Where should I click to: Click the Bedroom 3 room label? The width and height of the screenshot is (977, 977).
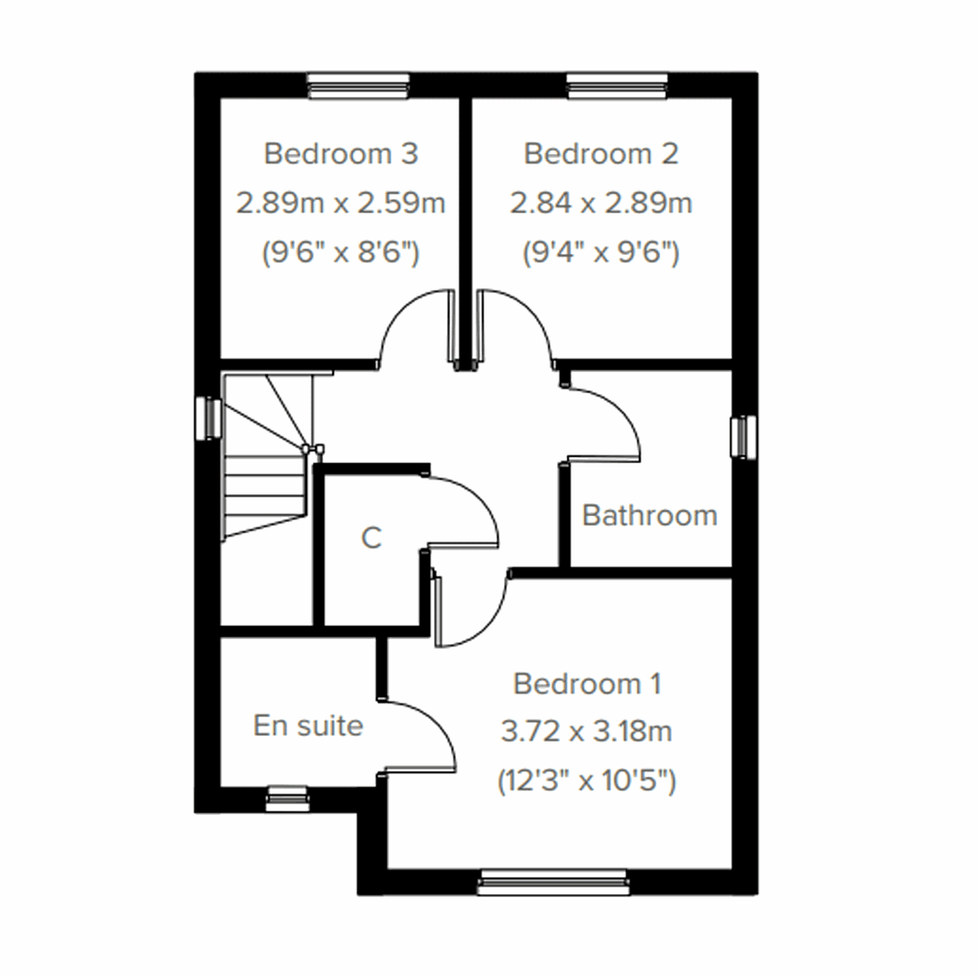(x=341, y=153)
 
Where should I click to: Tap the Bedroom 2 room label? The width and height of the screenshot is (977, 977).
(x=601, y=153)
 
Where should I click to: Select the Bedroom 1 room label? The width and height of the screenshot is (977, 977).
(x=587, y=683)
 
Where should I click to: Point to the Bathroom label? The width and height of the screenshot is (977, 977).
(x=650, y=515)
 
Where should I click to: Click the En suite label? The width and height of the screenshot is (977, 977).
(x=308, y=725)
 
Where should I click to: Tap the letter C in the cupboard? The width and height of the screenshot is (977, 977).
(x=371, y=537)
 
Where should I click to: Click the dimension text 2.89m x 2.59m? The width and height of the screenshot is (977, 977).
(x=341, y=203)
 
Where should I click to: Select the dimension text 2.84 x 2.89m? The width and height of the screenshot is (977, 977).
(x=601, y=203)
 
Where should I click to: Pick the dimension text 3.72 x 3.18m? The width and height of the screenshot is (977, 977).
(x=586, y=732)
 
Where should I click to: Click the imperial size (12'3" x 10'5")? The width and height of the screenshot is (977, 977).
(x=586, y=782)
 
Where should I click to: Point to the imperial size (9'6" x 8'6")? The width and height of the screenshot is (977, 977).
(x=340, y=253)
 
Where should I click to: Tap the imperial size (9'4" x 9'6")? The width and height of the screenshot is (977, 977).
(x=601, y=253)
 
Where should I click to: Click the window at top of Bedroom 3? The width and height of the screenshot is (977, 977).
(x=358, y=85)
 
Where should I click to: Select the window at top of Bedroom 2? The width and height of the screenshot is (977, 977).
(x=618, y=85)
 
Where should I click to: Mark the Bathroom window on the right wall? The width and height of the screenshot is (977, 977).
(x=744, y=437)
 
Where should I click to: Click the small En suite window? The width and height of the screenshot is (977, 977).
(x=287, y=799)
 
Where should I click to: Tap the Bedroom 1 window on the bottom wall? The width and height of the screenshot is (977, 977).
(x=554, y=882)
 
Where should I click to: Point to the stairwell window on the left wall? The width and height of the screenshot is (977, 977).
(x=209, y=418)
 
